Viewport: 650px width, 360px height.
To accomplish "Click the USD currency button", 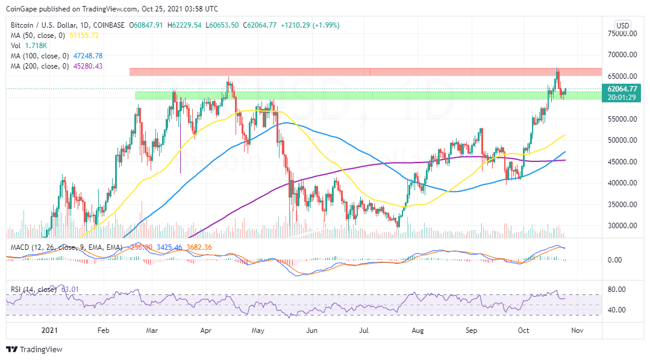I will coord(622,25).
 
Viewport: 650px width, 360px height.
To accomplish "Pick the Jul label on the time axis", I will coord(365,330).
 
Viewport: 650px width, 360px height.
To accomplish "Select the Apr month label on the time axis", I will coord(206,330).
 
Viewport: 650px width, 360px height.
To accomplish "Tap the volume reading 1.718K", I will coord(35,46).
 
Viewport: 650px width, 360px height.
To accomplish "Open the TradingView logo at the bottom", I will coord(34,349).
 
